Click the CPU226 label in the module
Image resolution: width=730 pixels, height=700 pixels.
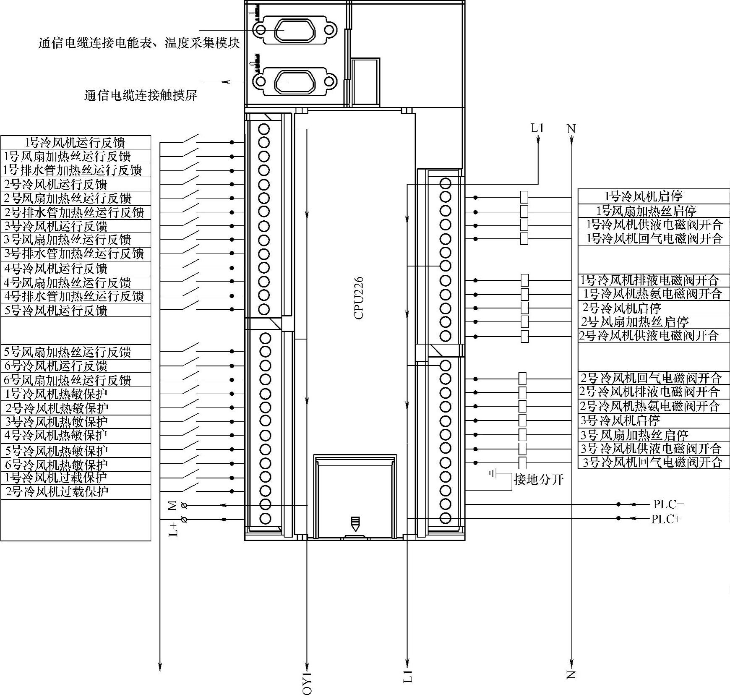pos(359,298)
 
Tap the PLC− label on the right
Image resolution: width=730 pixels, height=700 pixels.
pos(668,504)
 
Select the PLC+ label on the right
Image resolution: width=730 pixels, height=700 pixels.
pos(666,519)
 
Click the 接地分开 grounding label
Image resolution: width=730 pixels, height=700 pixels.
pos(539,479)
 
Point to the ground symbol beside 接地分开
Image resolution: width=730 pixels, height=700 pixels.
pos(493,474)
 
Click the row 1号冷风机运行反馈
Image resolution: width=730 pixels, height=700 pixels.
pos(76,142)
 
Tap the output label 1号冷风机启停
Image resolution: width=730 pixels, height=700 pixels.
pos(644,196)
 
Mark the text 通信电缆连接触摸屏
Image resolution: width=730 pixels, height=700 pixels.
pos(141,96)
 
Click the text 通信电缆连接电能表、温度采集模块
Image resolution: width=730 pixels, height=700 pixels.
pos(139,43)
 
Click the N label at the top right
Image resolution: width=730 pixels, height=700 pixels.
pos(571,128)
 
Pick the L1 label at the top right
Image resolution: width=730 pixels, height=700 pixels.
pos(537,128)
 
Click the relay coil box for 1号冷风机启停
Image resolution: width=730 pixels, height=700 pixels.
pos(524,197)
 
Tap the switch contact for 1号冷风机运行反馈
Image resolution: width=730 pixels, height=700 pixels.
pos(190,139)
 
